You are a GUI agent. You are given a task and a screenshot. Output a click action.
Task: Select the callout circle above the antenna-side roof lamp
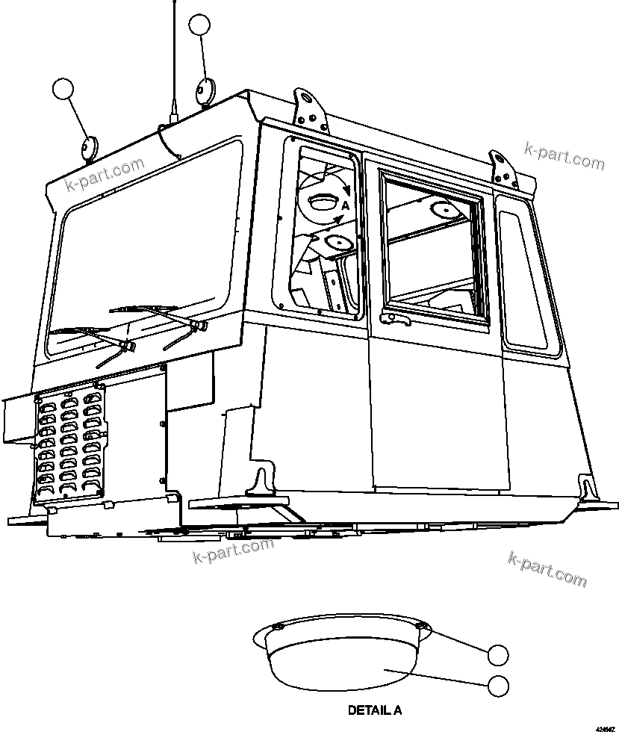point(200,25)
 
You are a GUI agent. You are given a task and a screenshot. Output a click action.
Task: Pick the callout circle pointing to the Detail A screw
point(497,655)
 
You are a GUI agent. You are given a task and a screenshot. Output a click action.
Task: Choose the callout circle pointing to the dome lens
point(497,684)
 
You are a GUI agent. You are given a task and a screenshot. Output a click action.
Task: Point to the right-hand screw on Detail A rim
point(422,626)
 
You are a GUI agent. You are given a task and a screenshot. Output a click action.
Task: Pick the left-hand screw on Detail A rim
point(277,627)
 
